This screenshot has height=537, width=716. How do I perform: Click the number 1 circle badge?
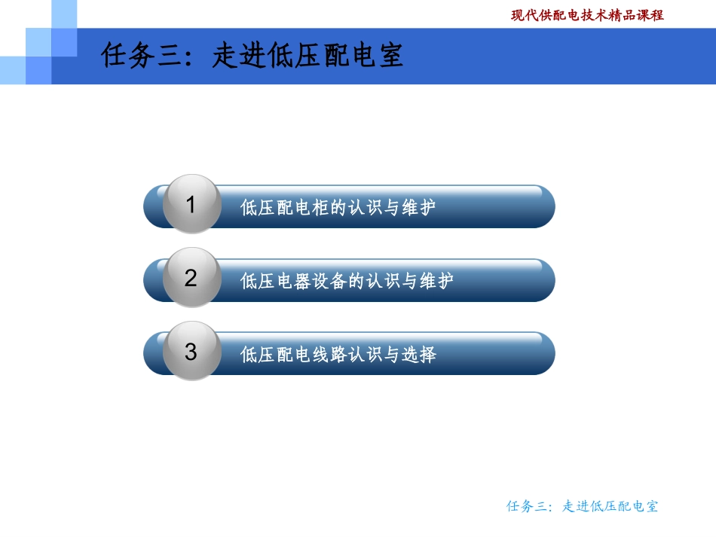191,204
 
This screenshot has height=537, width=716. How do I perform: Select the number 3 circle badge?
191,351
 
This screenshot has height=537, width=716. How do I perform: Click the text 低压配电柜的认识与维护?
338,208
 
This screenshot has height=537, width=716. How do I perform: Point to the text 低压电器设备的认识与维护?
347,282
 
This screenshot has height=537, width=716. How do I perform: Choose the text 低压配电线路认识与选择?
338,355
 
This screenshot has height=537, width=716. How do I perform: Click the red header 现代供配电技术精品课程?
587,15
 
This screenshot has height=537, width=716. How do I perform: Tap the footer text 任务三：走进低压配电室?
582,506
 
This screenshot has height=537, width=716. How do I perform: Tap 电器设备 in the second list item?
301,282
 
